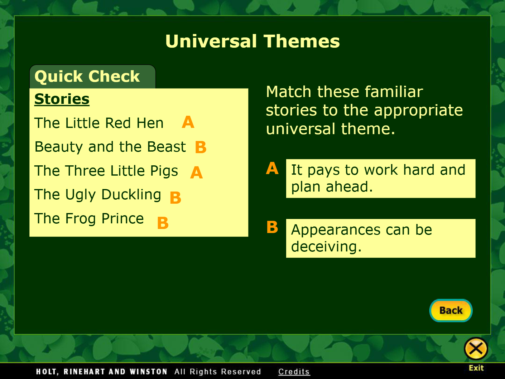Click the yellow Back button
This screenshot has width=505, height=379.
click(451, 310)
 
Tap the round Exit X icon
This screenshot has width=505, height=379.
click(476, 349)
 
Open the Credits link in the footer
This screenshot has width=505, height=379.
click(294, 372)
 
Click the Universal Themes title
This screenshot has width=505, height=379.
click(252, 41)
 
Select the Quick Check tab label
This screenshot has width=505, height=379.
click(87, 76)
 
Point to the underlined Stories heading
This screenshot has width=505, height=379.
click(62, 99)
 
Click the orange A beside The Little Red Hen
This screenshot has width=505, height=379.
click(188, 122)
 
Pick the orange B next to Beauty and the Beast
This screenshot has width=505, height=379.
click(201, 147)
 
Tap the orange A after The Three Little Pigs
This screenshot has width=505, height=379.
click(196, 172)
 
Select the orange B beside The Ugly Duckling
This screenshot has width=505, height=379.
click(175, 197)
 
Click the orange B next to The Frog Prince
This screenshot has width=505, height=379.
click(163, 223)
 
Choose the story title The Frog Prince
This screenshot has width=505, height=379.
click(89, 218)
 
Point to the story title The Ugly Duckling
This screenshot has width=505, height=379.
click(98, 195)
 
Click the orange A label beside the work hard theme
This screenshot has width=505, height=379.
click(272, 168)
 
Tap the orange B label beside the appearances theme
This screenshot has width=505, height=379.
click(272, 227)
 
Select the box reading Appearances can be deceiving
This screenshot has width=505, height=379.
click(381, 238)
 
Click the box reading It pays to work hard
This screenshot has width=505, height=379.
click(381, 178)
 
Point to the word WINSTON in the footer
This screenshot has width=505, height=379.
click(148, 372)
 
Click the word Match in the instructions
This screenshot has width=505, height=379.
click(289, 92)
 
